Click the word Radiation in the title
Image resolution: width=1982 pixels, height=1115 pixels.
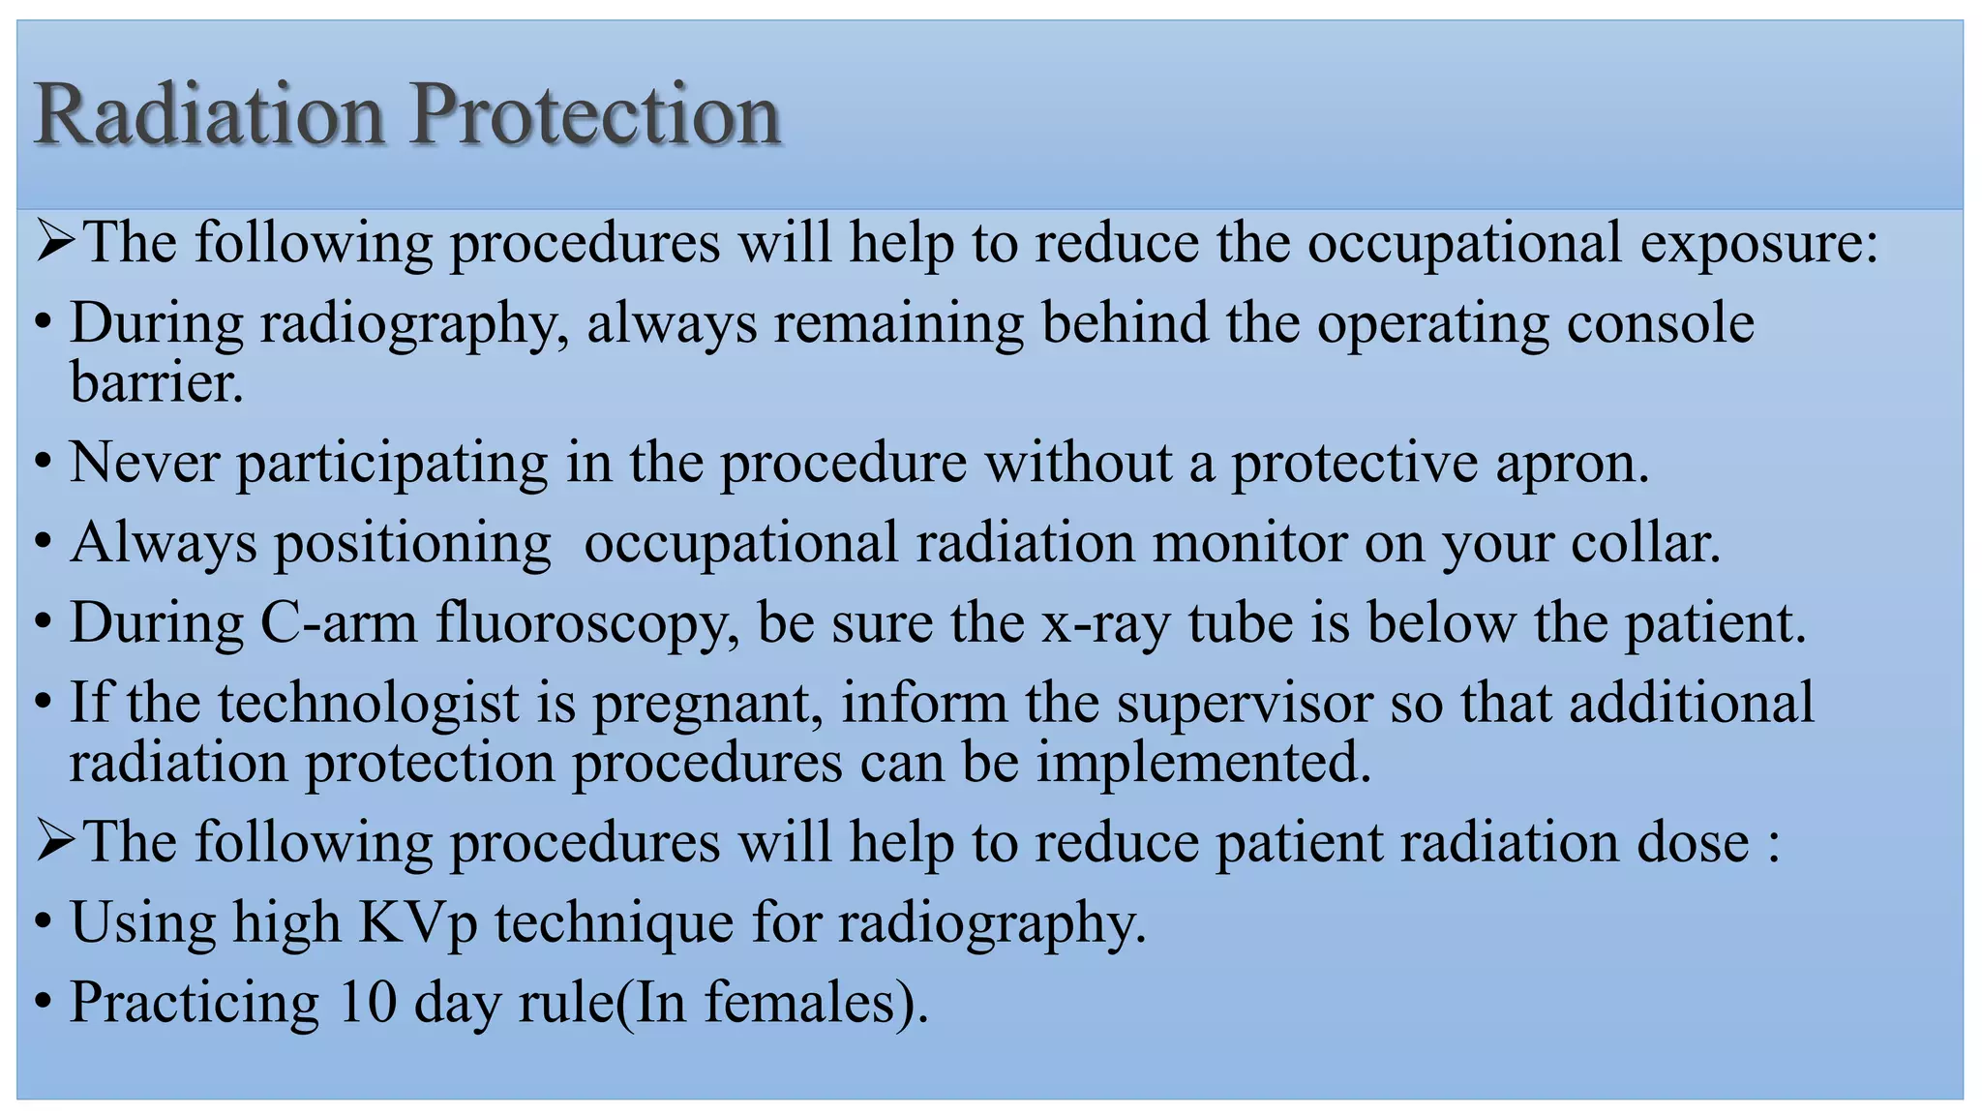click(x=209, y=115)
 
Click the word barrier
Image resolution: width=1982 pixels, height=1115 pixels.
click(x=156, y=382)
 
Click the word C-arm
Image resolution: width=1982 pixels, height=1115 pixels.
click(x=339, y=622)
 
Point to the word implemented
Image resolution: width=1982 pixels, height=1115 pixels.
click(x=1204, y=763)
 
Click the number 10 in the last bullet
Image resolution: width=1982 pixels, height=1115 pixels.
click(x=368, y=1002)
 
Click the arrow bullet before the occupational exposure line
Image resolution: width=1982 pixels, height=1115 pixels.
click(x=55, y=242)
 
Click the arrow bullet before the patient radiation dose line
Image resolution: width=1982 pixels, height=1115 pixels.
click(x=55, y=842)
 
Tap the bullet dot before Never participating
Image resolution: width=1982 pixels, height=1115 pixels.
click(x=42, y=465)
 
